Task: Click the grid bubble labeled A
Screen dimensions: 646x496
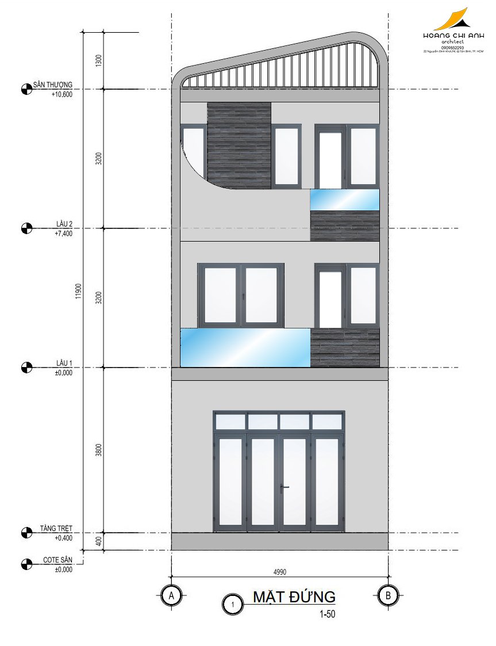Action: point(171,596)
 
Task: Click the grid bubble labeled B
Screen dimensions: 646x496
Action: point(388,596)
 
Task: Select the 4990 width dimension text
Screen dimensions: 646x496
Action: point(280,572)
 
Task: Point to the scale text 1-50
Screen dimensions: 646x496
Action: point(327,614)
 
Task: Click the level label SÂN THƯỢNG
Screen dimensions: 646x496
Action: point(53,85)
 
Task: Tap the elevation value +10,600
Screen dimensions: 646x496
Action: point(61,94)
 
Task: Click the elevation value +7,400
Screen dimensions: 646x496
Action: point(63,234)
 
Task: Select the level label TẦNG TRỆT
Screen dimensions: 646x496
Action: point(56,529)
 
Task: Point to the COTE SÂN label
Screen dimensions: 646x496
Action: point(57,560)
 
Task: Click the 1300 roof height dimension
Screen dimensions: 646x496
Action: point(99,60)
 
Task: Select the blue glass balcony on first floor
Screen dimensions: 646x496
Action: point(245,347)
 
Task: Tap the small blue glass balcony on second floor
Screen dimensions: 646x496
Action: point(345,200)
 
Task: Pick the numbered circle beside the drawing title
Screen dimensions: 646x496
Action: point(232,605)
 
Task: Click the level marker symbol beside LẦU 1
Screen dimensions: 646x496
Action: point(26,367)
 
